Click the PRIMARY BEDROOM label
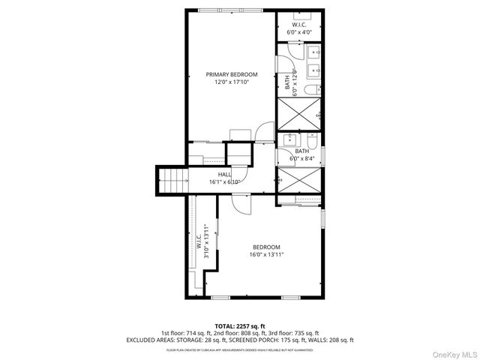232,74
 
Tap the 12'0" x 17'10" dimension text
232,82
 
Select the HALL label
224,174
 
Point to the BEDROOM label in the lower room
266,247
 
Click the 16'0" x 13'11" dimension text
266,255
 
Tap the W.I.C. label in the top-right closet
301,25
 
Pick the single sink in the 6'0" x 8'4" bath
289,140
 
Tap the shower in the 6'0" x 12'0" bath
301,115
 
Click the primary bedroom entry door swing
265,131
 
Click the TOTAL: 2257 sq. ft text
240,325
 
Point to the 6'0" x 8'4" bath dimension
303,159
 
